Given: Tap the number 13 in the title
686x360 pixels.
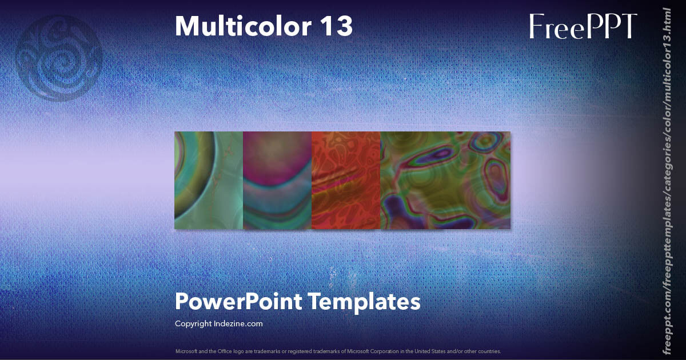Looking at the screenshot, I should tap(337, 26).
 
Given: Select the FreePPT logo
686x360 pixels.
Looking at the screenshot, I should tap(583, 26).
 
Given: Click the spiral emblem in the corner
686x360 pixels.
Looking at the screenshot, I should tap(59, 57).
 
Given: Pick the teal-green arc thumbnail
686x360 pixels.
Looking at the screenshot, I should tap(209, 181).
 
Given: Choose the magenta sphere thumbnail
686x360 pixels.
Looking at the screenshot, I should tap(277, 181).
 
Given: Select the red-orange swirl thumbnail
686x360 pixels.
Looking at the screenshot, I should tap(346, 181).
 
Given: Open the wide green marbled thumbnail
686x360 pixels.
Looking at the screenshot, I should tap(445, 181).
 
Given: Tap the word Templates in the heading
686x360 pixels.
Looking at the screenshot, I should tap(366, 301).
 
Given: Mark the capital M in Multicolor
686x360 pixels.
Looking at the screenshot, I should tap(186, 26).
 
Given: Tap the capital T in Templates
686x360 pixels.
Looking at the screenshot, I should tap(317, 301).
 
